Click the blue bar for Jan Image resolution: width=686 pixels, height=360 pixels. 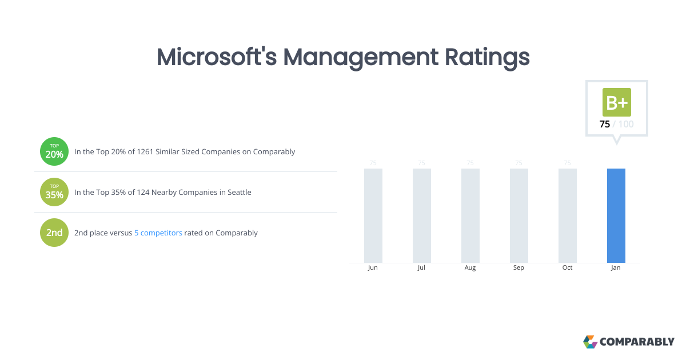click(616, 215)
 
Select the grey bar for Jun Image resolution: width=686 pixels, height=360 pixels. click(373, 215)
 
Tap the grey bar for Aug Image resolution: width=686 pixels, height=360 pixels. click(470, 215)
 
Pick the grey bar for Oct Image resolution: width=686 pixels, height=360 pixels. click(567, 215)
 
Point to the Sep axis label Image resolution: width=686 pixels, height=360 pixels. click(519, 268)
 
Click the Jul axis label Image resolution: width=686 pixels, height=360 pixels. click(421, 268)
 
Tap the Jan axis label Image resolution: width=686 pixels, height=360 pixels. click(616, 268)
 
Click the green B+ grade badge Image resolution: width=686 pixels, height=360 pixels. click(616, 102)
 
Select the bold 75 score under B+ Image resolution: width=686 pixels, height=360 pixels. click(604, 124)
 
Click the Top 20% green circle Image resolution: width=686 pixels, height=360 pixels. click(54, 151)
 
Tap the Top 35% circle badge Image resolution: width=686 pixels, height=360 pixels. click(54, 192)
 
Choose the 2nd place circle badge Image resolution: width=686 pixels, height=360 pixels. click(54, 233)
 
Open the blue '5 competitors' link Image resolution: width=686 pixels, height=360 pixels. click(158, 233)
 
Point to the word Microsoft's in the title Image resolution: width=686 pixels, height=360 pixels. click(217, 57)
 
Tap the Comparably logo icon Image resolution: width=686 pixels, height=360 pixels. click(590, 342)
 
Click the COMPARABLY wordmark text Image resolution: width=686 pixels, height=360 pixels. click(637, 342)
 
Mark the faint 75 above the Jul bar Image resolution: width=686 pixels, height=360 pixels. click(421, 163)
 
